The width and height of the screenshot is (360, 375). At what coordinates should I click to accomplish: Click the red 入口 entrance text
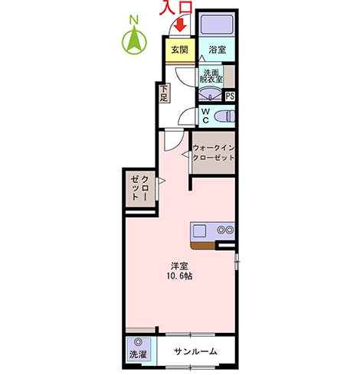click(x=176, y=8)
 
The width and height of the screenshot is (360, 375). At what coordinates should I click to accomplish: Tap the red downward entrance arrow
click(x=181, y=25)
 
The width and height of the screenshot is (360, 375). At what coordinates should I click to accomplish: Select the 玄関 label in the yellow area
click(x=180, y=50)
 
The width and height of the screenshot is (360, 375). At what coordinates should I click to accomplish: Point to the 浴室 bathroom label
click(x=218, y=49)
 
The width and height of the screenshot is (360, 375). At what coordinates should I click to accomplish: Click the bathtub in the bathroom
click(x=217, y=24)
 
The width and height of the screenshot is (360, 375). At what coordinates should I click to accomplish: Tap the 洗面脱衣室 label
click(x=211, y=76)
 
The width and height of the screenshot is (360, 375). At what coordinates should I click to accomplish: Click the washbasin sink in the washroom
click(x=211, y=93)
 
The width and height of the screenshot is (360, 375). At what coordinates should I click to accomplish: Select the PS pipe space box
click(x=230, y=96)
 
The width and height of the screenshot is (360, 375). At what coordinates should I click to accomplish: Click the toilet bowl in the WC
click(x=224, y=116)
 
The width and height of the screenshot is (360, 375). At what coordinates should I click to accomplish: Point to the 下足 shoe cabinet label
click(x=164, y=93)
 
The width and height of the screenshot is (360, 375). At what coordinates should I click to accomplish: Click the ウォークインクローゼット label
click(x=214, y=152)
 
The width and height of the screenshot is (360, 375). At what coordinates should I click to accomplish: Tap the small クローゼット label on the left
click(x=139, y=188)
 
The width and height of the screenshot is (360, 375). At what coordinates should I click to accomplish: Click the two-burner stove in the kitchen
click(x=225, y=230)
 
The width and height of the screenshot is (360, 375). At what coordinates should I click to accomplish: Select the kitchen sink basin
click(x=199, y=231)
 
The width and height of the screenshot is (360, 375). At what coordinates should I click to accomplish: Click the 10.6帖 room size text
click(x=179, y=276)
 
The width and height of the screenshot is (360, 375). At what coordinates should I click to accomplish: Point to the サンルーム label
click(x=195, y=351)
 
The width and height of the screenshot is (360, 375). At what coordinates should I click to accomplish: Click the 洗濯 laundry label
click(x=138, y=354)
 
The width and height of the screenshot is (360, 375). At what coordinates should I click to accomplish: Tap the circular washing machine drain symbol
click(x=139, y=342)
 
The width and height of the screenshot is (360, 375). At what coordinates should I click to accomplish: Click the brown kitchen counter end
click(x=203, y=246)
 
